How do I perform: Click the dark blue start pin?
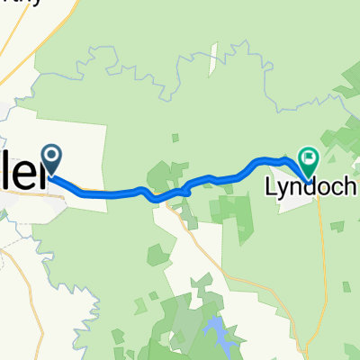pyautogui.click(x=53, y=159)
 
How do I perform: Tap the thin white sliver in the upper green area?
pyautogui.click(x=216, y=44)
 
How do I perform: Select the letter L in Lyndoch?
pyautogui.click(x=269, y=189)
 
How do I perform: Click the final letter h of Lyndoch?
pyautogui.click(x=351, y=189)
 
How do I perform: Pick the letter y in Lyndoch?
pyautogui.click(x=282, y=192)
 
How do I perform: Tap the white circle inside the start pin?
pyautogui.click(x=53, y=157)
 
